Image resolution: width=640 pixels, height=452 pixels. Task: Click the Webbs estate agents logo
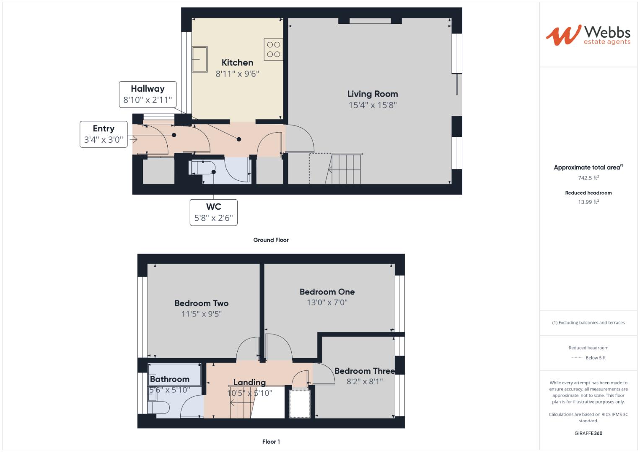coord(588,35)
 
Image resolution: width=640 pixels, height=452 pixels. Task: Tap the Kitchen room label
coord(237,63)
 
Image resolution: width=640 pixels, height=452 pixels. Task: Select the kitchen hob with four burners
coord(273,49)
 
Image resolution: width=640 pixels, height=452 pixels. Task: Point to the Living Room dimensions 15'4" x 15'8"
coord(372,105)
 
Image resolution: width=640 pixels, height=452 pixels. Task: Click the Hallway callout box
coord(148,94)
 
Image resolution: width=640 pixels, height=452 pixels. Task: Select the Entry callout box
coord(104,134)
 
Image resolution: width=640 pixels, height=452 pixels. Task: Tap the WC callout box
coord(213,212)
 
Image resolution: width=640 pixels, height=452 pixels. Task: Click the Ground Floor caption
coord(271,240)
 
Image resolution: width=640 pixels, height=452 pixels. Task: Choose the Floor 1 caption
coord(271,442)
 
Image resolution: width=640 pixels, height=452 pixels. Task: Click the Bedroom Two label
coord(201,303)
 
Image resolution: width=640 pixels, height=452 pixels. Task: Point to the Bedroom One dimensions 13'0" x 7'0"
coord(327,302)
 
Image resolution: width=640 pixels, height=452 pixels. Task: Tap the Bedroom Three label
coord(364,371)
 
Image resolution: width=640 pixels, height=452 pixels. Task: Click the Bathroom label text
coord(169,379)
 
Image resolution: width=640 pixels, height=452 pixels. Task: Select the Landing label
coord(249,382)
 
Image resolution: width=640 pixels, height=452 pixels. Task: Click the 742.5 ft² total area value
coord(588,178)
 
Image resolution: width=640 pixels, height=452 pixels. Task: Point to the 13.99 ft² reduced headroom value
coord(588,202)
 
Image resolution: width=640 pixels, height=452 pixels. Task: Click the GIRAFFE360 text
coord(588,433)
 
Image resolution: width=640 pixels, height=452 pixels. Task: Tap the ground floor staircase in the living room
coord(346,169)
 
